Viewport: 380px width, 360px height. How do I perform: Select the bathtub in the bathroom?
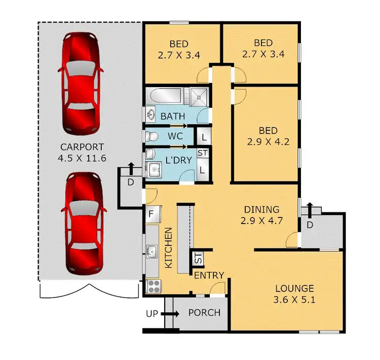pos(165,96)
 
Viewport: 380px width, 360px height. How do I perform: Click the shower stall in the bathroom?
pos(196,97)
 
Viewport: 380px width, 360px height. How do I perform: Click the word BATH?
pos(173,117)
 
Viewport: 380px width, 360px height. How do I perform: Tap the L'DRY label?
pos(178,160)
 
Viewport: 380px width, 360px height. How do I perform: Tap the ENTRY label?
pos(209,275)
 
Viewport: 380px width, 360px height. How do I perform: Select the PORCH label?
pos(204,312)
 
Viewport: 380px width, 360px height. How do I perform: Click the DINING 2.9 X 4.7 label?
pos(262,214)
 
